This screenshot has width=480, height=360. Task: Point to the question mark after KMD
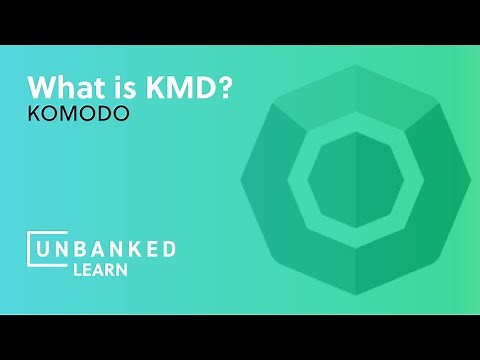tap(226, 87)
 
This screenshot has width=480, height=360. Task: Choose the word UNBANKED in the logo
tap(107, 248)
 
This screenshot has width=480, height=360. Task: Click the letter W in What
tap(41, 87)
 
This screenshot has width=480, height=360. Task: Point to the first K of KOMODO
tap(33, 116)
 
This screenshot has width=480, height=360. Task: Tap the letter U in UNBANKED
tap(45, 248)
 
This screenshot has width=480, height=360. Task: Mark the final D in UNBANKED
tap(169, 248)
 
